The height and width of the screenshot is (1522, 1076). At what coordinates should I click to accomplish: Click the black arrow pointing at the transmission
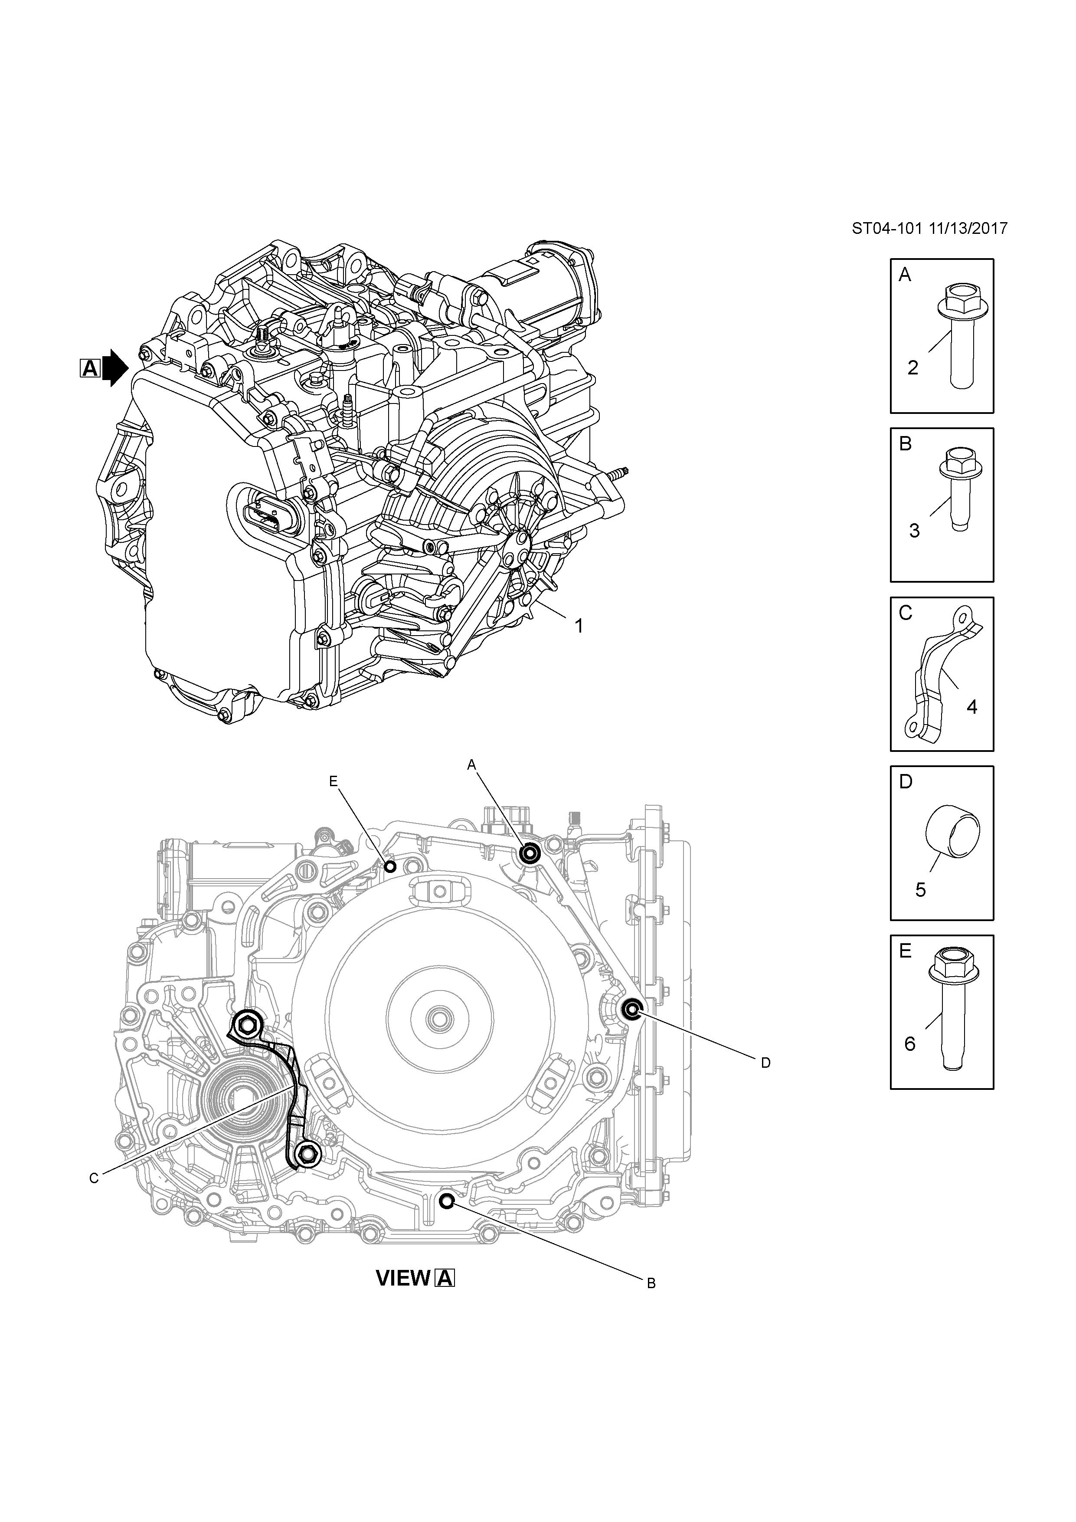[115, 368]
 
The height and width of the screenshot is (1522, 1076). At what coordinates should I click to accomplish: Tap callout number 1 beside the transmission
[579, 626]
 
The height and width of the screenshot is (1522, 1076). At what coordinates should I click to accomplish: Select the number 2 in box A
[912, 368]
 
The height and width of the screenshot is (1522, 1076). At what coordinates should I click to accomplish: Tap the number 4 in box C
[972, 707]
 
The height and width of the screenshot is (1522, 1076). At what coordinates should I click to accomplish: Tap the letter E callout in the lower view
[333, 781]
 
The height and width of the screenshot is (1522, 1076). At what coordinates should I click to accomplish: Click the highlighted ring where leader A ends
[530, 854]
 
